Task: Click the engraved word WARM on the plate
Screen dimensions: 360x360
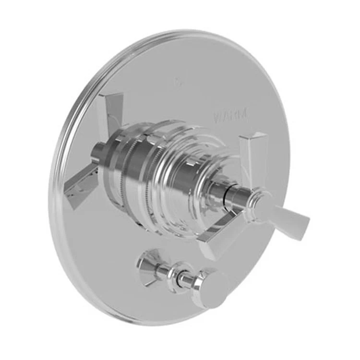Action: click(231, 115)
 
